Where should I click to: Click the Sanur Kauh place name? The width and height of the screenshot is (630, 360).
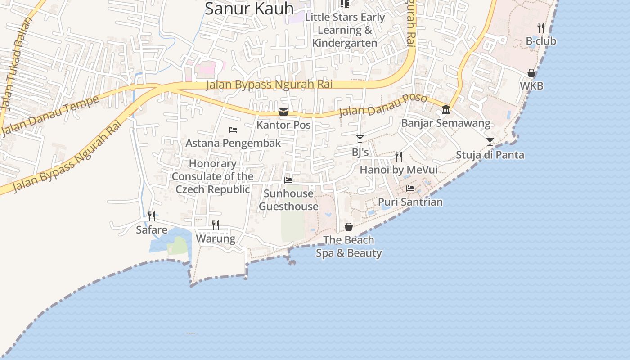249,9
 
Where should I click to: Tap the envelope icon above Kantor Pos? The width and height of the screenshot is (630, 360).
283,112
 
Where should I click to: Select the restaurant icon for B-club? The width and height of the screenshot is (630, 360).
541,28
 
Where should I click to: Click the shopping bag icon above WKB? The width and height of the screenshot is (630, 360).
531,73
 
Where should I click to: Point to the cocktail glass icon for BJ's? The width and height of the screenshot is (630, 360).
360,139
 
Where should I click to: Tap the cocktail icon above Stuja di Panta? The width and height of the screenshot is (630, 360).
490,142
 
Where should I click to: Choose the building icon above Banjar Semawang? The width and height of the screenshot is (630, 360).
446,109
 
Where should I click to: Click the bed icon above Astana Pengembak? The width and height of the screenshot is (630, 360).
233,130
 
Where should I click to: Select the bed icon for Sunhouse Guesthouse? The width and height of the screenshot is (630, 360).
288,180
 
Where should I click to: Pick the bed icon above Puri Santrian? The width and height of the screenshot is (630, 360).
410,189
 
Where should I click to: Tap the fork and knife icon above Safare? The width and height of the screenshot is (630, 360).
152,216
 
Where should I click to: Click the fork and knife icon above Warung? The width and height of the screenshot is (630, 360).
216,225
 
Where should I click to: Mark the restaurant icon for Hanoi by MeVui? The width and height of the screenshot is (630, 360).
399,157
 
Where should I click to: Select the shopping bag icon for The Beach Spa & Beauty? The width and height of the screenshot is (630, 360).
349,227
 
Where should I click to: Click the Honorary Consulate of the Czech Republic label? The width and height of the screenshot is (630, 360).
212,176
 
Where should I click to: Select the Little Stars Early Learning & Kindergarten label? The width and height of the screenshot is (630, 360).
345,30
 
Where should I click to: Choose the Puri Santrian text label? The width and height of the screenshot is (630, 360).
410,202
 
